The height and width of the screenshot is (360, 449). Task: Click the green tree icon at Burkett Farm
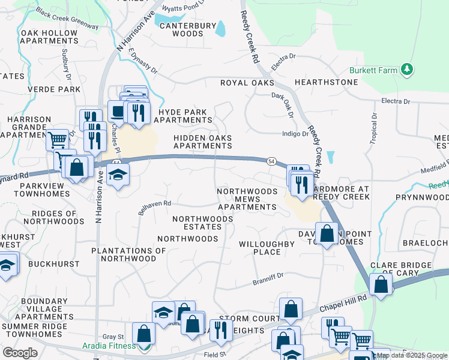point(408,70)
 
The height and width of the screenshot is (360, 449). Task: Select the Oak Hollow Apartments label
point(50,37)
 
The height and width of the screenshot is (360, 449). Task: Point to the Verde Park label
point(55,89)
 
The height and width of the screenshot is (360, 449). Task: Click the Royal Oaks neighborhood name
point(247,83)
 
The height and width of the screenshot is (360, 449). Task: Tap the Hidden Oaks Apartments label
point(202,142)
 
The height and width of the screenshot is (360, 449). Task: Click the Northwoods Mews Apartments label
point(247,199)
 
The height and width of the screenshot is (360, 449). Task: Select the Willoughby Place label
point(267,248)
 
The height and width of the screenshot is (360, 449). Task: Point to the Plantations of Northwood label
point(128,254)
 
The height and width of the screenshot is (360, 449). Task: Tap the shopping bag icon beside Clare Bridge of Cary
point(381,284)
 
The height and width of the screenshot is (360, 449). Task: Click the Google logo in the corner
point(20,353)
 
